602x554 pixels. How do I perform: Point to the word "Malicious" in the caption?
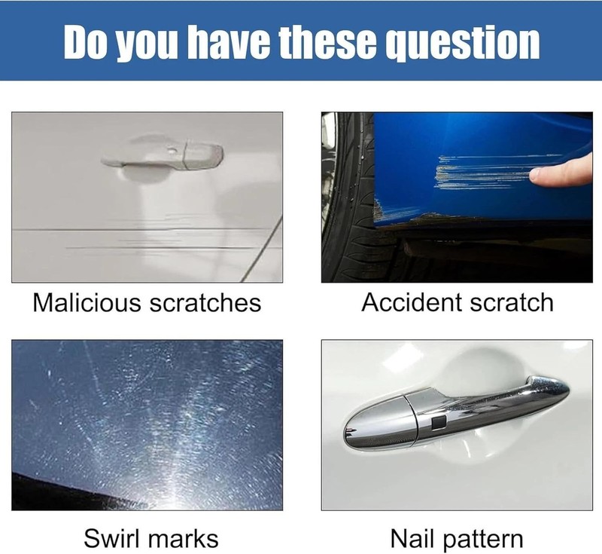pyautogui.click(x=87, y=302)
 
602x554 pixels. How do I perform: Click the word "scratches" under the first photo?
pyautogui.click(x=205, y=303)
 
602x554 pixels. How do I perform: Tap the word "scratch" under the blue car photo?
pyautogui.click(x=512, y=302)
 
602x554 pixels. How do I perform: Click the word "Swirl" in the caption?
pyautogui.click(x=111, y=538)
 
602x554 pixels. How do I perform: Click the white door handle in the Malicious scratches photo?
pyautogui.click(x=163, y=155)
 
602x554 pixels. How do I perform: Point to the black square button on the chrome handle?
pyautogui.click(x=438, y=423)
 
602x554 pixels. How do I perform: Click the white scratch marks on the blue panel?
pyautogui.click(x=485, y=173)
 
